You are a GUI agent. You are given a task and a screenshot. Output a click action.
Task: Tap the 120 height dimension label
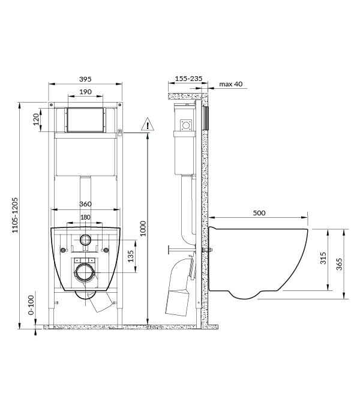point(36,121)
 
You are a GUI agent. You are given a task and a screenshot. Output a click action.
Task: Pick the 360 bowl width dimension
point(86,204)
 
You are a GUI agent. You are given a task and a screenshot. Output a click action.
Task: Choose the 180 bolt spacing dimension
point(85,217)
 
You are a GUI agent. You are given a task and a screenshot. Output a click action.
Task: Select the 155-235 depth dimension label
point(187,79)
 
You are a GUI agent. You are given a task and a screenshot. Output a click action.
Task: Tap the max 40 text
point(231,84)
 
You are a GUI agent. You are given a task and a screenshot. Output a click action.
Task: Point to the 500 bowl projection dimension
point(259,212)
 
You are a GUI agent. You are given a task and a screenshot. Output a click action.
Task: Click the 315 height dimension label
point(323,259)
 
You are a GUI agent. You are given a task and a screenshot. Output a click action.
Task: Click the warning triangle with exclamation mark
point(148,125)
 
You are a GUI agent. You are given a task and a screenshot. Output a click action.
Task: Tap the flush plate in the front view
point(85,120)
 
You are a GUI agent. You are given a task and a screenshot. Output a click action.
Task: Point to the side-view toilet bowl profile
point(258,258)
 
